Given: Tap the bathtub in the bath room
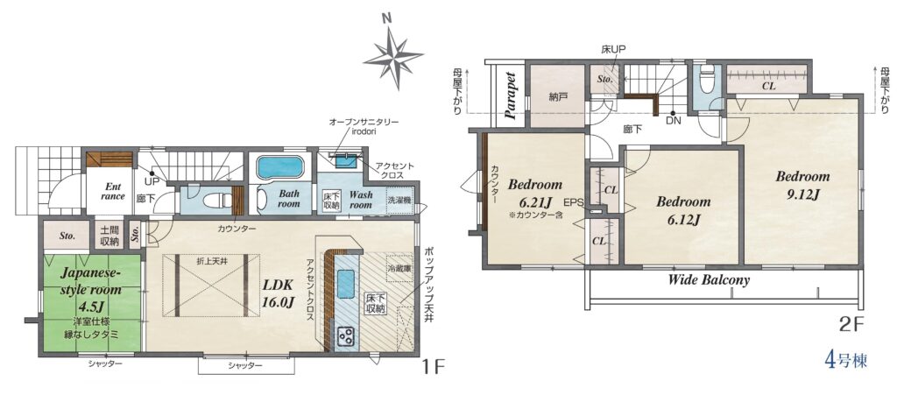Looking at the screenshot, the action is [279, 167].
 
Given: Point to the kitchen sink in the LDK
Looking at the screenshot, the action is [345, 284].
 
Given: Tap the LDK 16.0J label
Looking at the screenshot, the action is [279, 293].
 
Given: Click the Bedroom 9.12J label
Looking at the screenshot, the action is [802, 185].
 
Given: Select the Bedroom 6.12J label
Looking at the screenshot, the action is [683, 210].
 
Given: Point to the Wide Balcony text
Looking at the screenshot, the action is [709, 280].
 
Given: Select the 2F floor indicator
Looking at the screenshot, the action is [851, 326].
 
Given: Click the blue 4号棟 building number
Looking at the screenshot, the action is [844, 361].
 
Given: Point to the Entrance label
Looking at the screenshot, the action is [113, 191].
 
